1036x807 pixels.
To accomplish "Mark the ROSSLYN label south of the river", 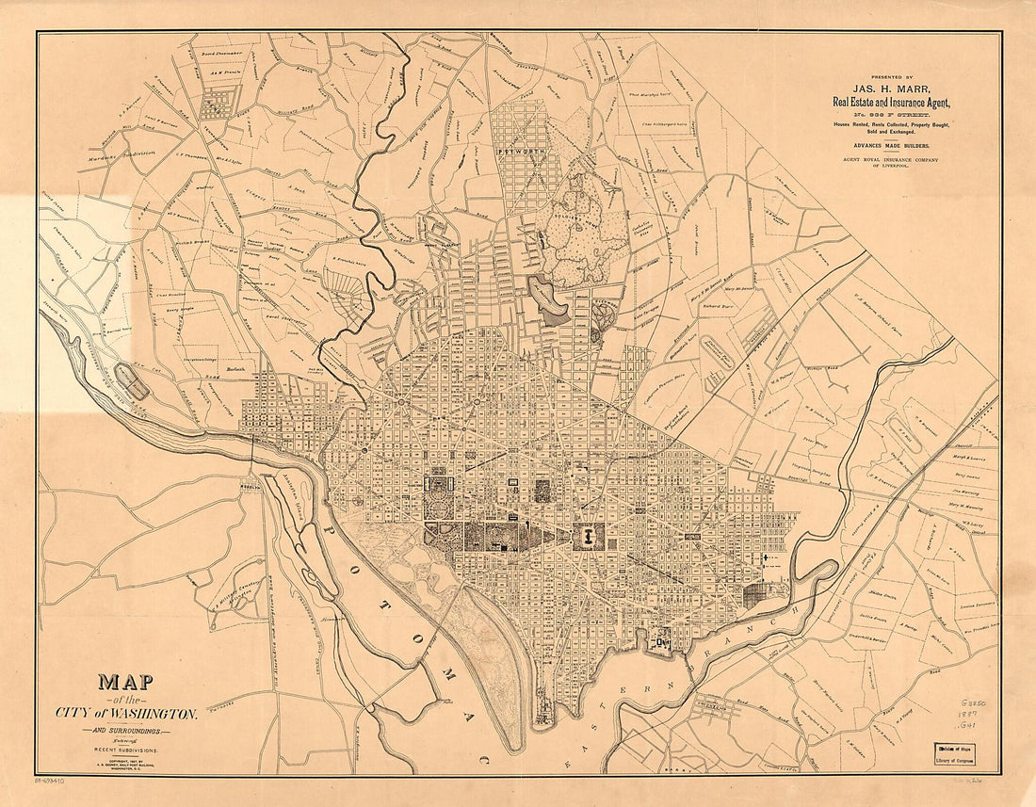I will click(x=251, y=488).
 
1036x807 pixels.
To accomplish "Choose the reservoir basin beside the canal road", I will click(x=131, y=381).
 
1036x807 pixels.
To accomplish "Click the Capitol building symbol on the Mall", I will click(x=586, y=538).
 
